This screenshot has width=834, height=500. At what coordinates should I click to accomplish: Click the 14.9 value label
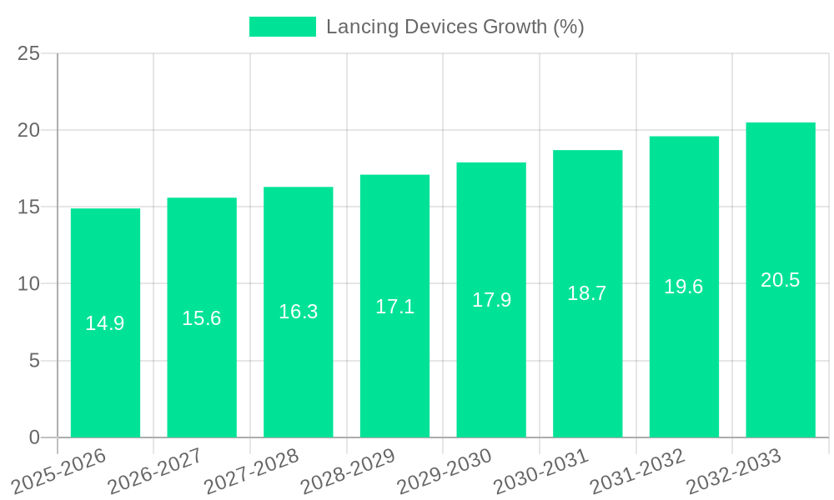tap(105, 323)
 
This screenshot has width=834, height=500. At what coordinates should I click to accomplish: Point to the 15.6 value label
tap(202, 318)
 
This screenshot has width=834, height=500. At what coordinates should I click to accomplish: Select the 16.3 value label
tap(298, 312)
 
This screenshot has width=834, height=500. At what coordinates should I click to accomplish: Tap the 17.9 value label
tap(491, 300)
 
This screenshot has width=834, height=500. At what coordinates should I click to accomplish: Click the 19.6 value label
tap(684, 287)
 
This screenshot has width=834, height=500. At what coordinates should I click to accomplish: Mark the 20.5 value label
tap(781, 280)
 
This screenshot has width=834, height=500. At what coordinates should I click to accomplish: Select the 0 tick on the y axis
tap(34, 437)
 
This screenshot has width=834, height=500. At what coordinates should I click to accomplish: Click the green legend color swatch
tap(283, 27)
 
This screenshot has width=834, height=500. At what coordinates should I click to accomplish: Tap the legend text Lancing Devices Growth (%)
tap(455, 27)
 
